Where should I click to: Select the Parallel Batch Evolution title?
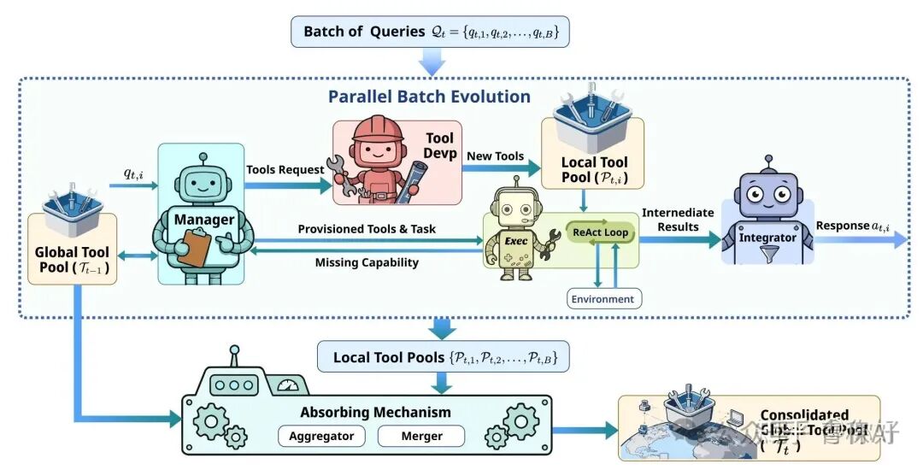(429, 97)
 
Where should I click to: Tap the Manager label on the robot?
(204, 220)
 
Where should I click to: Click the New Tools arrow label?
(495, 157)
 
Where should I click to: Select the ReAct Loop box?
(600, 232)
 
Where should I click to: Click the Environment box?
(603, 299)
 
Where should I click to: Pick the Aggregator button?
(321, 436)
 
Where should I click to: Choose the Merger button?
(422, 436)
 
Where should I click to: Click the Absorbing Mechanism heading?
(375, 412)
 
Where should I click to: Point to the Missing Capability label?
(367, 262)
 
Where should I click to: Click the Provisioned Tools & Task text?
(366, 229)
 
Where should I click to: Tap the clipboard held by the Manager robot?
(194, 247)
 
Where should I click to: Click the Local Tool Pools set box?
(443, 356)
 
